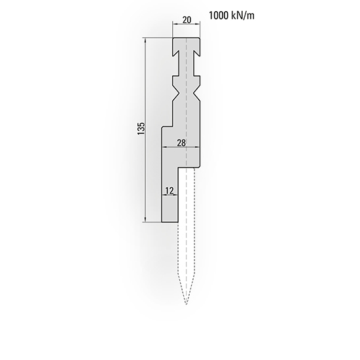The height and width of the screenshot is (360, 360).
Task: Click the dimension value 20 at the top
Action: pyautogui.click(x=187, y=20)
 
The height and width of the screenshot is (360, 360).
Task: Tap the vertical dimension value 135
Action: pyautogui.click(x=140, y=130)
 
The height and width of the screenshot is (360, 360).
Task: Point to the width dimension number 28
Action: pyautogui.click(x=181, y=142)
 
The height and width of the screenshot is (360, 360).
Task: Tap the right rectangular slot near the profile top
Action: pyautogui.click(x=198, y=50)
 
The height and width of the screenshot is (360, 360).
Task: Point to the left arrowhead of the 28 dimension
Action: pyautogui.click(x=164, y=148)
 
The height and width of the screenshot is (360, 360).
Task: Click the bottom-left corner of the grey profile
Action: pyautogui.click(x=162, y=222)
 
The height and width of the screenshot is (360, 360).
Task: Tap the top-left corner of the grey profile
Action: pyautogui.click(x=173, y=38)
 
